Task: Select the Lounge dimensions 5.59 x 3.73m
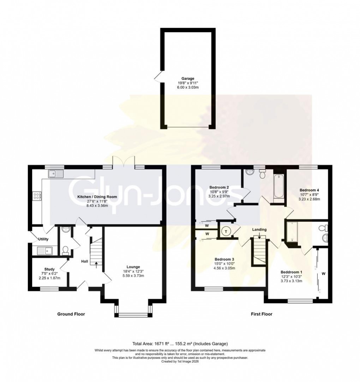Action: click(x=133, y=276)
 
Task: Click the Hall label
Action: click(x=84, y=261)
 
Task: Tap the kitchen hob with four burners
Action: click(x=37, y=196)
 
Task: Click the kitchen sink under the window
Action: click(x=56, y=174)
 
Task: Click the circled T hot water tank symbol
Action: click(x=226, y=231)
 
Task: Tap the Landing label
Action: click(x=259, y=230)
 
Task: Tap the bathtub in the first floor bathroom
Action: click(x=278, y=186)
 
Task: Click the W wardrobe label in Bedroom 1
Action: click(x=324, y=273)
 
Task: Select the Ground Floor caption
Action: click(x=71, y=314)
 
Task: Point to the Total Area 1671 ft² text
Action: click(x=180, y=344)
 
